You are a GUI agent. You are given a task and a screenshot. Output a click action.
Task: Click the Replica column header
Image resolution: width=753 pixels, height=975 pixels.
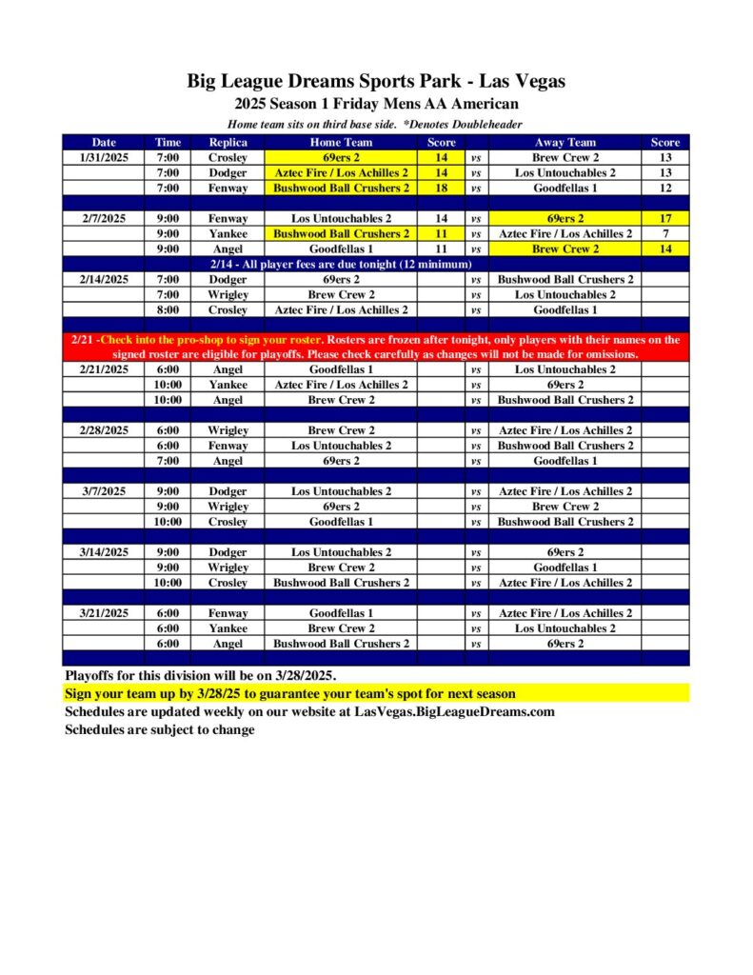(228, 142)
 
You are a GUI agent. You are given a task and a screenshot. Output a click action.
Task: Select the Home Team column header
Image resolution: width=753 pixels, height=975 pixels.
(341, 142)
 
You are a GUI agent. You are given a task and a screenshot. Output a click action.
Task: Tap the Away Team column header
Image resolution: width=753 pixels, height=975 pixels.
(565, 142)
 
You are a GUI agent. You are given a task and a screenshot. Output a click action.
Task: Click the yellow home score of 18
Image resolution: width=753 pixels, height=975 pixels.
(441, 188)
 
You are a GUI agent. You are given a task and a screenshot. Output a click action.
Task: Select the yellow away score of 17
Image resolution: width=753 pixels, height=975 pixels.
(664, 218)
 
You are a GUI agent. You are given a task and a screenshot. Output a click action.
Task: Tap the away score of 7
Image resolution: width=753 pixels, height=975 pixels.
(664, 233)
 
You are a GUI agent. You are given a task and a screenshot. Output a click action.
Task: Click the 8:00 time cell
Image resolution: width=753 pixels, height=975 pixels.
(168, 309)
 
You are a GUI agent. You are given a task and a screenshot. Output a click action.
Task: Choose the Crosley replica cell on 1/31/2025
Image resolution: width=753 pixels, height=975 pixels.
(228, 157)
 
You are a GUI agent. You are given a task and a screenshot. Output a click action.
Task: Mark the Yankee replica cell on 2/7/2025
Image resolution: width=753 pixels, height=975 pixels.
(228, 233)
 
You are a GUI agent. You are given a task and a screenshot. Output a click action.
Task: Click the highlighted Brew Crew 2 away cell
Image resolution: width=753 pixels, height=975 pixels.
(565, 249)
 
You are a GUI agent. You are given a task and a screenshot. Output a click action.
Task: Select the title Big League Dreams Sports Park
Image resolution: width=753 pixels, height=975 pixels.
(376, 82)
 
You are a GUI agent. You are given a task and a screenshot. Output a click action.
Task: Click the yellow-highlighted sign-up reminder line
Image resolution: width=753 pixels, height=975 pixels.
(289, 693)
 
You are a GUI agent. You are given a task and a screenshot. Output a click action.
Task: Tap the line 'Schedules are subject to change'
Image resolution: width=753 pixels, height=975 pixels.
(160, 729)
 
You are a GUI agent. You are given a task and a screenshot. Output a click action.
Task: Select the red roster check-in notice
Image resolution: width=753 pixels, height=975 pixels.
(375, 347)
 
